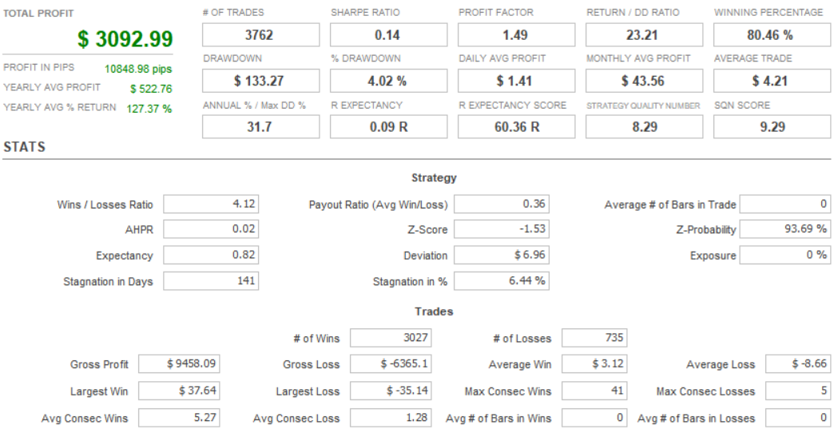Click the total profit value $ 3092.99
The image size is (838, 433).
(125, 39)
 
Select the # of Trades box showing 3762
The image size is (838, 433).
(260, 34)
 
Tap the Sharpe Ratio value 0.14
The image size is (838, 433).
(388, 35)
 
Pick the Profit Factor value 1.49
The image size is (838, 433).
(516, 35)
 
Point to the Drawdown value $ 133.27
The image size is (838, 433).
(259, 81)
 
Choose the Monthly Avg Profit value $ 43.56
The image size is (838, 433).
(643, 81)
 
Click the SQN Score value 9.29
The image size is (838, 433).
(772, 127)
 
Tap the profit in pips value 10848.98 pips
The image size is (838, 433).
(138, 69)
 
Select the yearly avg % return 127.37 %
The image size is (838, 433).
(149, 109)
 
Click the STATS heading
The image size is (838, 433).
(25, 147)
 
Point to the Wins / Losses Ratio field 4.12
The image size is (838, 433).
(211, 205)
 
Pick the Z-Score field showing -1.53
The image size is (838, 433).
(502, 229)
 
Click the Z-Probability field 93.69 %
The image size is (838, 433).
(785, 229)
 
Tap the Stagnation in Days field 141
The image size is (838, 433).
(211, 280)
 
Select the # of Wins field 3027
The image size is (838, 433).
(391, 337)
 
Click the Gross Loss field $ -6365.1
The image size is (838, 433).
(391, 364)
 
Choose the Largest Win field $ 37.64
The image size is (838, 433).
(179, 391)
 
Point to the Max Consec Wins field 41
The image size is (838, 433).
(594, 391)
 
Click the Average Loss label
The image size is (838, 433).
(721, 365)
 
